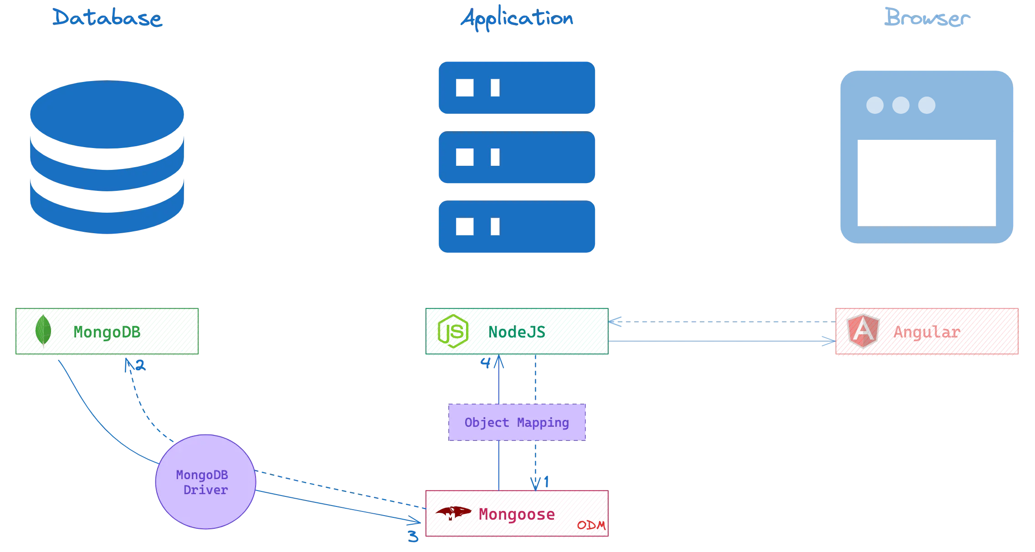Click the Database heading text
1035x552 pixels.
(x=107, y=18)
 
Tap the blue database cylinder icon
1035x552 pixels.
(x=107, y=157)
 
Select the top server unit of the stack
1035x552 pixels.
(x=517, y=87)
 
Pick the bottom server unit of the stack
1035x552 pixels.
(x=517, y=227)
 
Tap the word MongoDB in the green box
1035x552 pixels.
(x=107, y=332)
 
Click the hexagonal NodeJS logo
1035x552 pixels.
(x=453, y=331)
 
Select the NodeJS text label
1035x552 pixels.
(x=517, y=332)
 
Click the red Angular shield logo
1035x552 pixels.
(x=863, y=331)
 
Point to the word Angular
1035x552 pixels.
(x=927, y=332)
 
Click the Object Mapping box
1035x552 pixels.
(x=517, y=422)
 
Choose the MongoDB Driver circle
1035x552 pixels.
(x=205, y=482)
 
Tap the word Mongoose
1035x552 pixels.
(x=516, y=515)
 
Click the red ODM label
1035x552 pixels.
(x=591, y=525)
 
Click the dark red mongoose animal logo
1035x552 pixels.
(x=453, y=513)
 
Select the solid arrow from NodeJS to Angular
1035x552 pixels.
(x=722, y=341)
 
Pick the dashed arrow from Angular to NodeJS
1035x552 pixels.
(x=722, y=322)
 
